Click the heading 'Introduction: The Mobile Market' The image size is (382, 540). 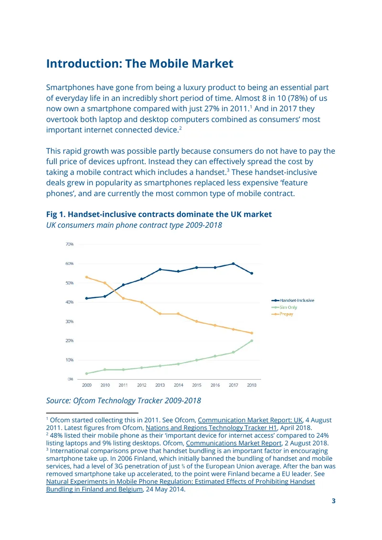coord(140,64)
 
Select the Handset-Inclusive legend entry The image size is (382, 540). coord(293,300)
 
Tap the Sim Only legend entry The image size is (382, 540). coord(284,307)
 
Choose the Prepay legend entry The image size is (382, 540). coord(283,314)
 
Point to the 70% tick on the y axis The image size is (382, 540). coord(69,244)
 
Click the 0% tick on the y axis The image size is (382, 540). coord(70,379)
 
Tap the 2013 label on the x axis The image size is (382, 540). coord(160,385)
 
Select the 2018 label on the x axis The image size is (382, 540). coord(252,385)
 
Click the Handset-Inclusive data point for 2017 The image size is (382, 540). coord(233,264)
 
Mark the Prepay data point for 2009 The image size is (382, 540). coord(86,277)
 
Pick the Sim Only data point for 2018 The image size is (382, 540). coord(252,340)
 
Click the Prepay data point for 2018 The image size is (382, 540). coord(252,333)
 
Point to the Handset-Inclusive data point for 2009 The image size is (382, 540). coord(86,298)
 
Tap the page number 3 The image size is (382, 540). coord(333,501)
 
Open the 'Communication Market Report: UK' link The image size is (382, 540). coord(250,420)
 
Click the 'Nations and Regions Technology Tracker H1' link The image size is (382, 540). coord(211,428)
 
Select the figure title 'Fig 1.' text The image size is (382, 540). coord(56,214)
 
